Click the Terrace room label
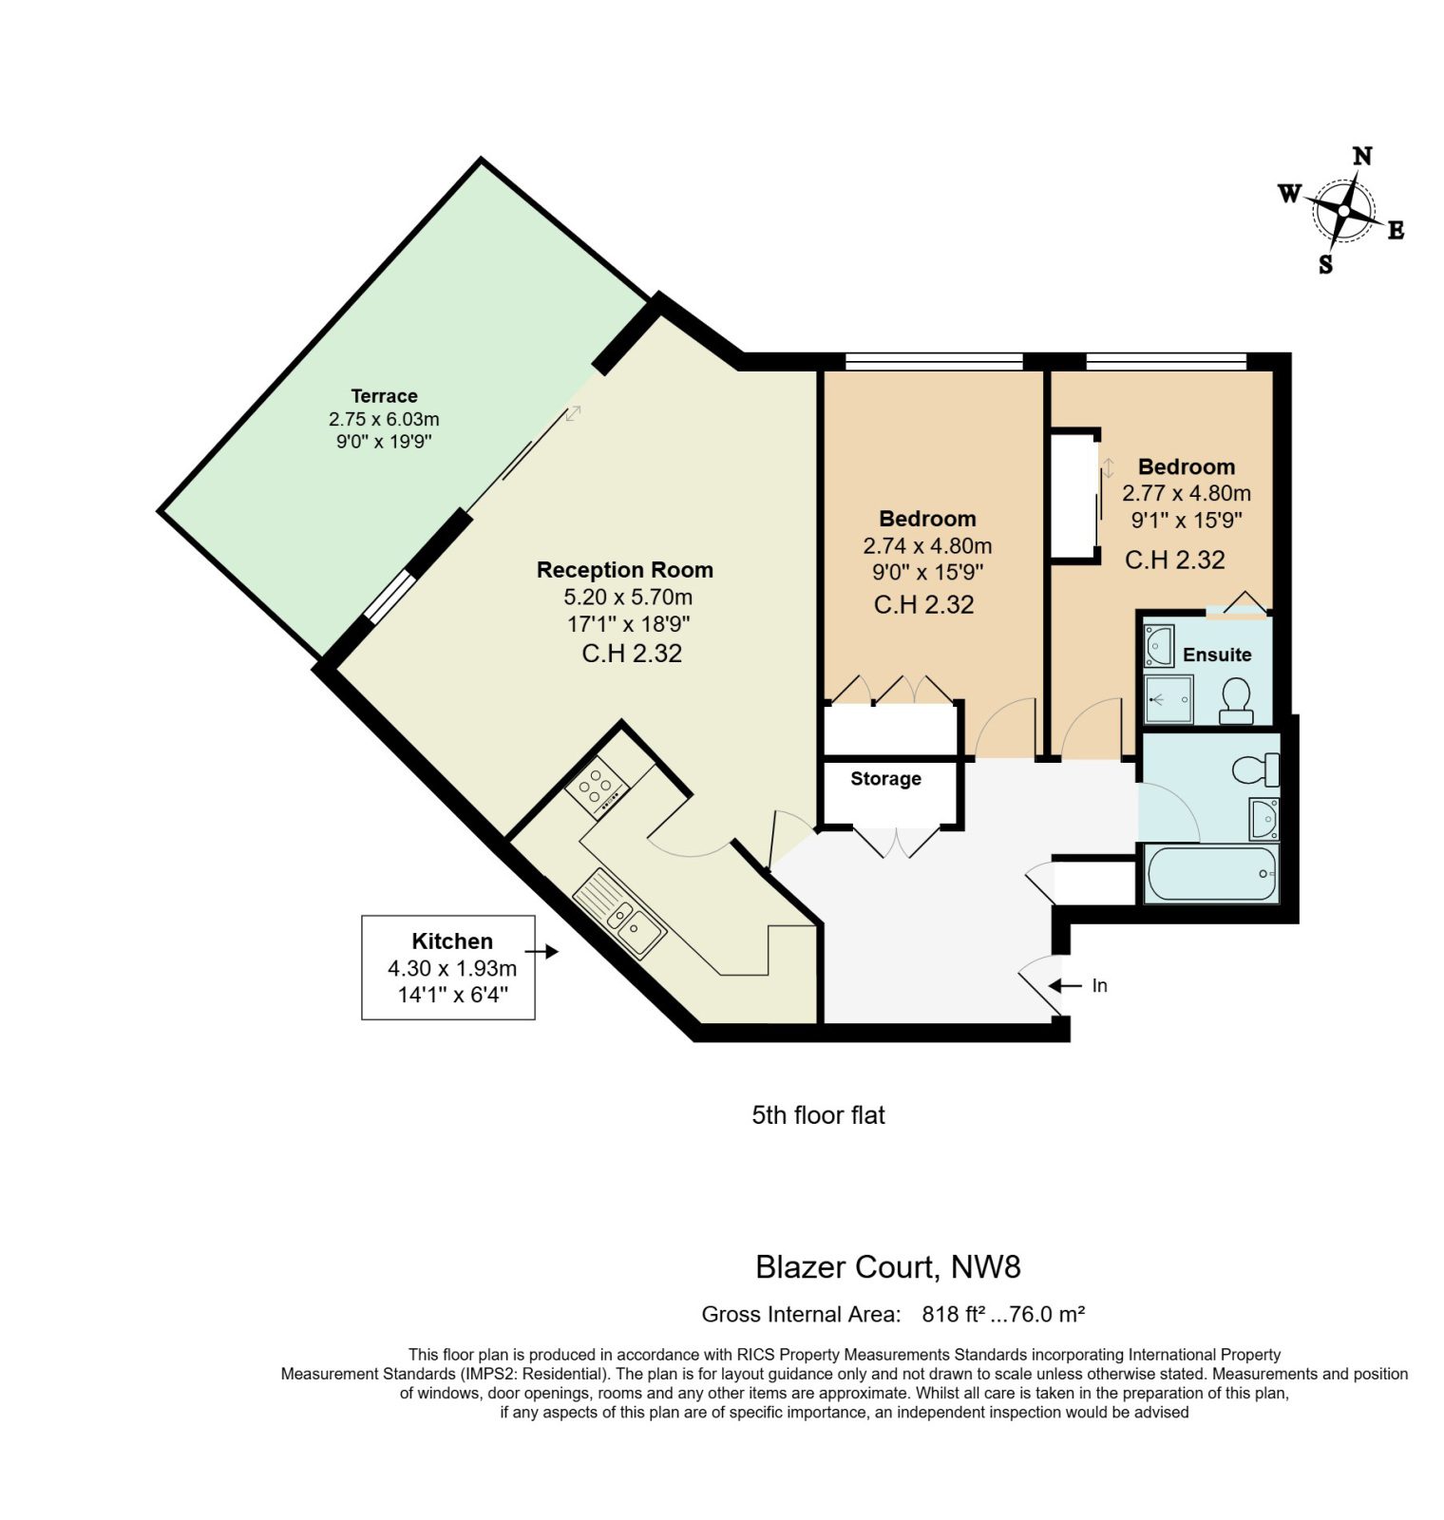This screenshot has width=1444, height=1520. [x=384, y=396]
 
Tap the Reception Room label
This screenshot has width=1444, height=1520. [x=625, y=570]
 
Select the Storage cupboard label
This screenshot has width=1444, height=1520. [x=885, y=779]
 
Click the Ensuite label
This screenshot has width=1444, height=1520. [x=1217, y=655]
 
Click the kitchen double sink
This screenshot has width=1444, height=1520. [x=619, y=913]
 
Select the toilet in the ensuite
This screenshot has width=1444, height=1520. [x=1236, y=701]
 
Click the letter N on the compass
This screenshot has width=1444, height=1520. [x=1362, y=156]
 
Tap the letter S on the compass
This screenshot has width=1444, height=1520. [x=1326, y=265]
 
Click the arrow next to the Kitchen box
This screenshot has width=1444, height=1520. [x=541, y=951]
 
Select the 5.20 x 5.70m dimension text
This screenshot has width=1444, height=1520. [x=628, y=598]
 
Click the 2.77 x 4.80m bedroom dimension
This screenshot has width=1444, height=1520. [x=1187, y=493]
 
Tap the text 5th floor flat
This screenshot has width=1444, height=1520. [x=819, y=1115]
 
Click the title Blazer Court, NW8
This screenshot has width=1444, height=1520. [x=888, y=1267]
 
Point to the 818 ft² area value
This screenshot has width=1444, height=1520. [x=953, y=1315]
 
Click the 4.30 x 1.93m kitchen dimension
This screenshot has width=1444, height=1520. [x=452, y=968]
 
